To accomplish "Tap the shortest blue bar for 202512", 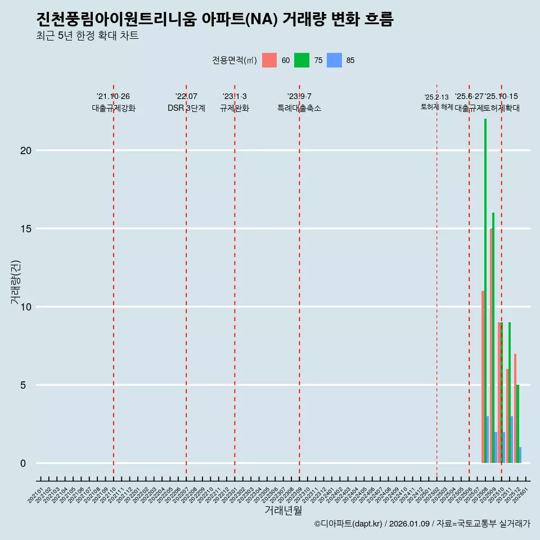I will (520, 455).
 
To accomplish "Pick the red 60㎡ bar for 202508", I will (483, 377).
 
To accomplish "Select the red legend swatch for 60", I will (269, 60).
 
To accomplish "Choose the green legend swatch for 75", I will (301, 60).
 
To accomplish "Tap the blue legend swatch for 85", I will (334, 60).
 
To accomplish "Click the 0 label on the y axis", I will (23, 463).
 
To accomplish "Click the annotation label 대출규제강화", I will (114, 108).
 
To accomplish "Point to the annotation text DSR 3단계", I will (186, 108).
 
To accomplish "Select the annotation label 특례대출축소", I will (299, 108).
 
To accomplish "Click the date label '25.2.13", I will (436, 97).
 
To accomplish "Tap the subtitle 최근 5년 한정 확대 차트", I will (87, 36).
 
